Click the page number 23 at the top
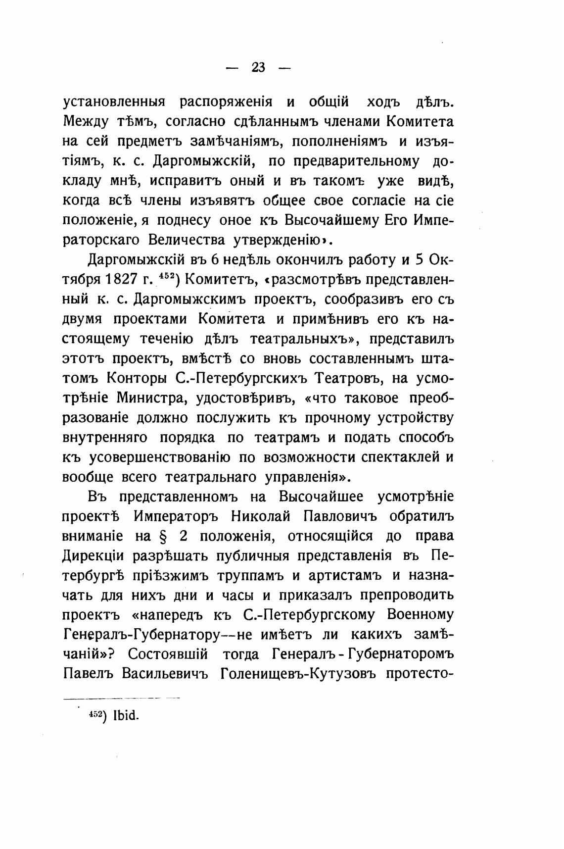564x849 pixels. [258, 67]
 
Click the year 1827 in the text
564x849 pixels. [121, 279]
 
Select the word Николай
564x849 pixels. [260, 516]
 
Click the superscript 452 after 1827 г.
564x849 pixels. [165, 275]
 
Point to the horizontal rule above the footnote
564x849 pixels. [121, 698]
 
